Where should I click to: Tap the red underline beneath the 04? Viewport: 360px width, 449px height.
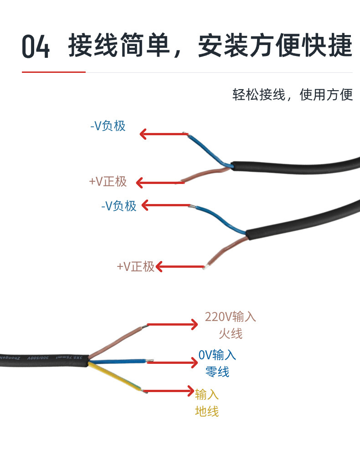point(54,72)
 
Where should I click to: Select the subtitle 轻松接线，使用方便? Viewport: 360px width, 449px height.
point(293,95)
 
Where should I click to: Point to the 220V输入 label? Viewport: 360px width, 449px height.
point(230,317)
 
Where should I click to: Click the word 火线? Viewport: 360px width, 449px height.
point(231,334)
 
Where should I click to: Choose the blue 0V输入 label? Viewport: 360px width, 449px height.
point(217,355)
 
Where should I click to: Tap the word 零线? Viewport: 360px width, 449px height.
point(217,371)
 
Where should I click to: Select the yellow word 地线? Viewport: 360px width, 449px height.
point(207,411)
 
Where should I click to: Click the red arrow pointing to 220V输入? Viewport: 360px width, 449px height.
point(172,325)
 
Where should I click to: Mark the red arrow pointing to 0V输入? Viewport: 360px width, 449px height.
point(172,362)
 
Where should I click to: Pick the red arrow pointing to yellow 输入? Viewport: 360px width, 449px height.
point(169,391)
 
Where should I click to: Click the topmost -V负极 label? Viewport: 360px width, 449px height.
point(108,126)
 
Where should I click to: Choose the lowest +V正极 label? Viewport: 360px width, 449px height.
point(136,266)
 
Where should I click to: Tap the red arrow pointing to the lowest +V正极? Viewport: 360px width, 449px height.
point(180,267)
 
